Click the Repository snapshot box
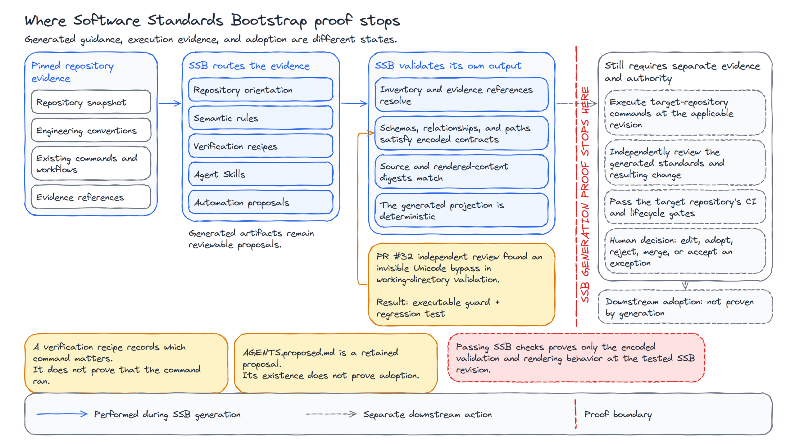click(x=91, y=102)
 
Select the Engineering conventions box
click(x=91, y=130)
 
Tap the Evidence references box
click(x=91, y=197)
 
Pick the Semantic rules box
click(x=261, y=118)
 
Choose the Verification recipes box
click(x=261, y=146)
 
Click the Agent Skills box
click(x=261, y=174)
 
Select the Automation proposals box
click(x=261, y=202)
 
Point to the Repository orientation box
click(x=261, y=90)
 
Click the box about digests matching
click(x=461, y=172)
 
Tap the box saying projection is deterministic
click(x=461, y=210)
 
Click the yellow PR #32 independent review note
click(x=461, y=285)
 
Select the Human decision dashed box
click(x=685, y=251)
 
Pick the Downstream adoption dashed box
click(x=685, y=307)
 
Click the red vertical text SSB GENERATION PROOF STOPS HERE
click(x=585, y=194)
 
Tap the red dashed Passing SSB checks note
click(x=576, y=358)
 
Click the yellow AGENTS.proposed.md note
click(x=336, y=363)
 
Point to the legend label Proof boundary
click(x=618, y=414)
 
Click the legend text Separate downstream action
click(x=428, y=414)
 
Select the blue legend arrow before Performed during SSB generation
click(x=62, y=414)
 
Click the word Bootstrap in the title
click(x=269, y=20)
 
